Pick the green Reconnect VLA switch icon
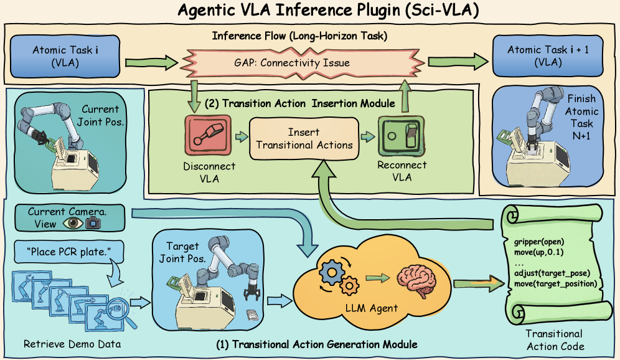[x=401, y=136]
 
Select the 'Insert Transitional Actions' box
[x=303, y=138]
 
